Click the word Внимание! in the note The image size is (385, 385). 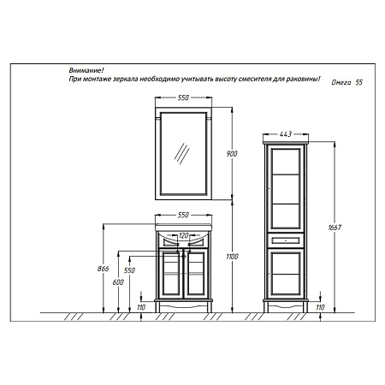[86, 70]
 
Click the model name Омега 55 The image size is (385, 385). [346, 82]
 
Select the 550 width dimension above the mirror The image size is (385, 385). [183, 98]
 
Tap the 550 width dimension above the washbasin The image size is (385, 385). [183, 215]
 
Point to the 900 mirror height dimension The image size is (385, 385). [232, 154]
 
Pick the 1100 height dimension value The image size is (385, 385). [232, 257]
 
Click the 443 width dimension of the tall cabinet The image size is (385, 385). [286, 133]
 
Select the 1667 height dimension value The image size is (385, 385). [335, 228]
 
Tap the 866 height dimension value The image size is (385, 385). [104, 269]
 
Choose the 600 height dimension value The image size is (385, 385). [118, 282]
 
